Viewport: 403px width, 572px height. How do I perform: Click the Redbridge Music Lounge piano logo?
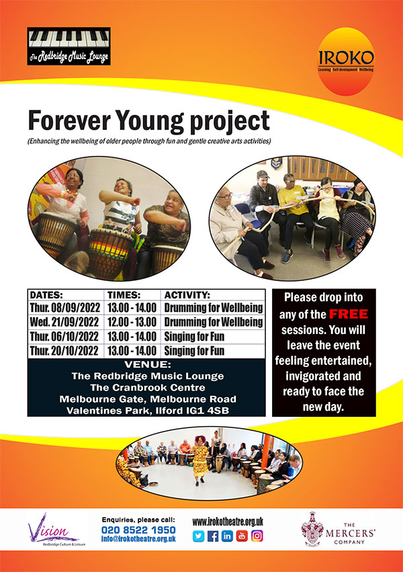(69, 46)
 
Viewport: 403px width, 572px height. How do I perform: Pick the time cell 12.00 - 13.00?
(133, 322)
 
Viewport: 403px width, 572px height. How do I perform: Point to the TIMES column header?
(125, 294)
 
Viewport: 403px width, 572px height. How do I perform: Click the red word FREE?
(347, 313)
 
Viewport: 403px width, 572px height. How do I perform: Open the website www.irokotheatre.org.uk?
(228, 521)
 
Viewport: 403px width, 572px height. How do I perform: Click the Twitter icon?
(198, 536)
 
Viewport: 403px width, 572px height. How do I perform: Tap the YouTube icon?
(242, 536)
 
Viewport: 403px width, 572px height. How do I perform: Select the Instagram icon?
(257, 536)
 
